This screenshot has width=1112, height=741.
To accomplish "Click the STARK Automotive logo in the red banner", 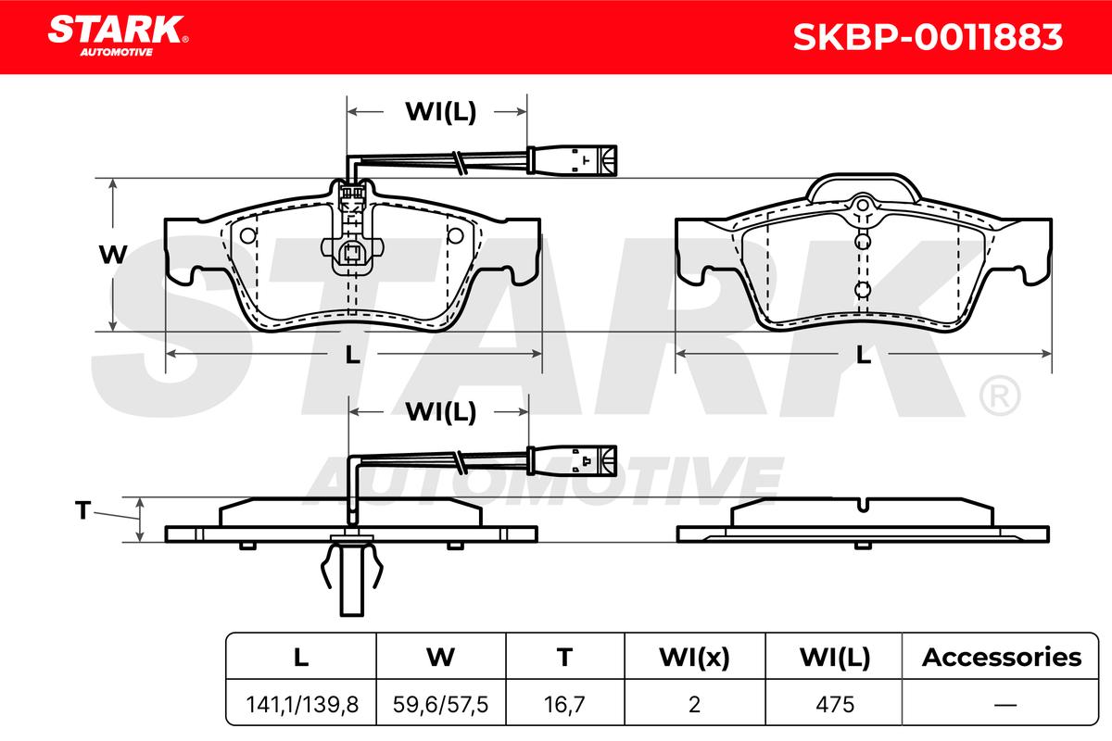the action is pos(118,35).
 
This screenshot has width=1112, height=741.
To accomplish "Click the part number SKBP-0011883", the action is pos(928,37).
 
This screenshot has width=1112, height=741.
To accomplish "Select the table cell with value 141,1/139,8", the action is pos(302,704).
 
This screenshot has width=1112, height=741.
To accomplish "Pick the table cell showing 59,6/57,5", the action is pos(441,704).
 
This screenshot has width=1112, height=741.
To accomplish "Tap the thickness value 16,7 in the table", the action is pos(564,704).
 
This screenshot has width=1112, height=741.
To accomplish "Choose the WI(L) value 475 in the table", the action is pos(835,704).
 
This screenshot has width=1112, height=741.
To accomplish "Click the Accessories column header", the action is pos(1002,657).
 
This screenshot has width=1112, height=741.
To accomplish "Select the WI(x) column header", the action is pos(694,657).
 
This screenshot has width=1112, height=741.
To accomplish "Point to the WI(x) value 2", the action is pos(694,704).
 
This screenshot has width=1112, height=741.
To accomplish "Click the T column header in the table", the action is pos(564,657).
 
